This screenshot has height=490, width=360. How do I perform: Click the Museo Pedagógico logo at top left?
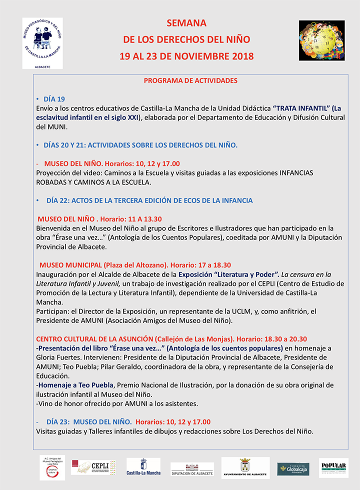pyautogui.click(x=42, y=43)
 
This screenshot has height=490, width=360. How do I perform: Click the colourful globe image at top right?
pyautogui.click(x=321, y=40)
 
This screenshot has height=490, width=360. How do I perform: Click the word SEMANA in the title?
pyautogui.click(x=186, y=23)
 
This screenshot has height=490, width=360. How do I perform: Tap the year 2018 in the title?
pyautogui.click(x=240, y=56)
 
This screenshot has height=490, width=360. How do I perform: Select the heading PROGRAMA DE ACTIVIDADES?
pyautogui.click(x=190, y=80)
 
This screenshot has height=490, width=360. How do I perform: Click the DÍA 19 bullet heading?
pyautogui.click(x=54, y=99)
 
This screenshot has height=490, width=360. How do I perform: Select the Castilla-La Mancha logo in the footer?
pyautogui.click(x=143, y=468)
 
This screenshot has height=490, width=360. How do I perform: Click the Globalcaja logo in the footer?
pyautogui.click(x=293, y=468)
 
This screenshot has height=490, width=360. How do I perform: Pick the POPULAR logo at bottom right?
pyautogui.click(x=333, y=467)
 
